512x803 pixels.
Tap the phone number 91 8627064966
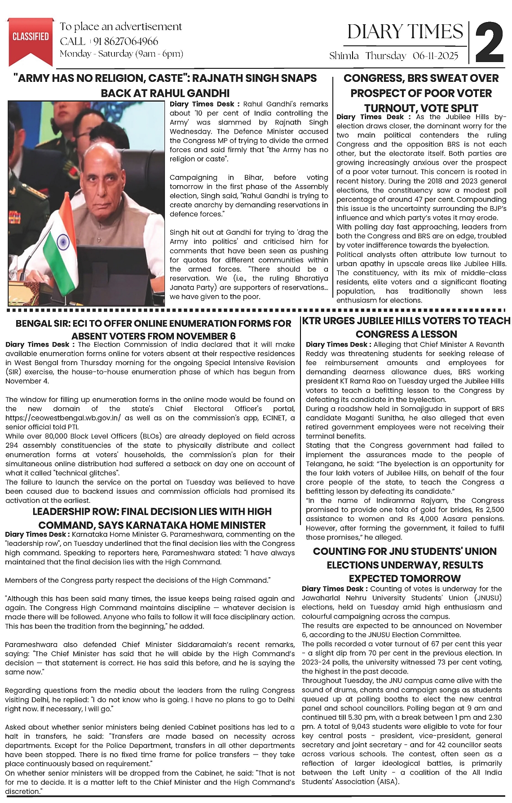[126, 41]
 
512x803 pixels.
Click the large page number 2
[489, 43]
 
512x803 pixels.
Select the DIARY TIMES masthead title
[405, 32]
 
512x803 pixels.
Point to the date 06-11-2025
[435, 56]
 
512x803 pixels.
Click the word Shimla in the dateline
[344, 56]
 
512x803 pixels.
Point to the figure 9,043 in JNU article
[366, 727]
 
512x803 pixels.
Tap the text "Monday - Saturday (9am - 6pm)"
[121, 54]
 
